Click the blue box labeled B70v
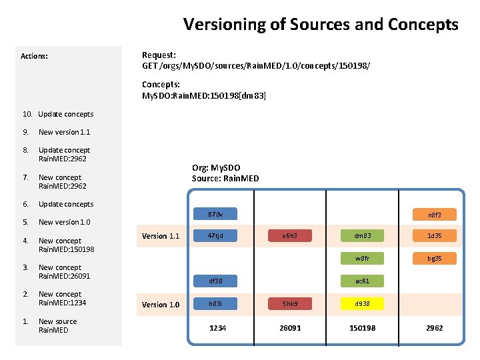coord(215,215)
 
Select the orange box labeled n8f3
coord(435,215)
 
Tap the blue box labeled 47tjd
coord(215,235)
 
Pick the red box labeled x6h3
coord(290,235)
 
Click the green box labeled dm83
coord(363,235)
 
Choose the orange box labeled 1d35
coord(435,235)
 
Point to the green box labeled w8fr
coord(363,258)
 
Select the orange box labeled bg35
coord(435,258)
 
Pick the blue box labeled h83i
coord(215,304)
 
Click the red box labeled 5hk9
coord(290,304)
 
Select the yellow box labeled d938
coord(363,304)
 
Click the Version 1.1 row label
coord(161,236)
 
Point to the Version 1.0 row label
coord(161,305)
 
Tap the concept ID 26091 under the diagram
coord(290,328)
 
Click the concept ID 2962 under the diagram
coord(435,328)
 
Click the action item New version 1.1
coord(64,132)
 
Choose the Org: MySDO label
coord(216,168)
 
